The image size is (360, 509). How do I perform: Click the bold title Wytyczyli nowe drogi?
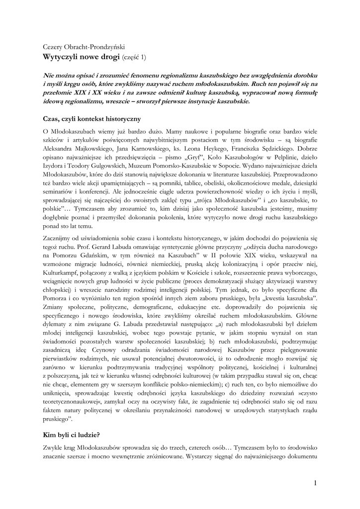point(82,57)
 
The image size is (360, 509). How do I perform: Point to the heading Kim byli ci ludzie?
point(72,434)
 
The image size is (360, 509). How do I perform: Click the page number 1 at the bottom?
point(315,483)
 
